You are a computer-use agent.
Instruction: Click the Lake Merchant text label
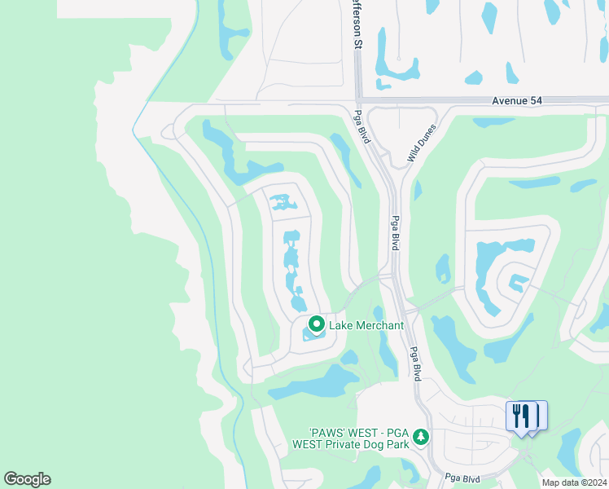point(366,325)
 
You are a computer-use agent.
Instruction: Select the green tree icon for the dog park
point(421,438)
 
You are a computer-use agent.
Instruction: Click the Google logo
point(27,478)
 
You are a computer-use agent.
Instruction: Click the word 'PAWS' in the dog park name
point(328,432)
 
